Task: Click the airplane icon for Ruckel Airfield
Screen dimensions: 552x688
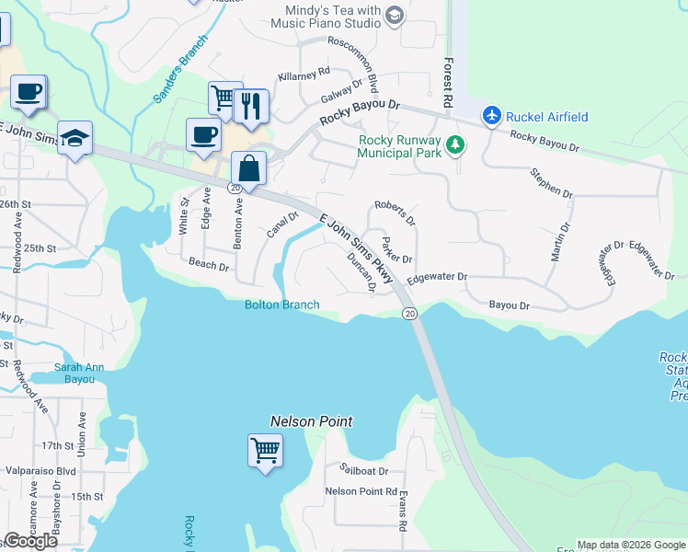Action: click(x=492, y=116)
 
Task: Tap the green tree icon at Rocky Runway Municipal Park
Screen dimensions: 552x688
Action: click(x=454, y=145)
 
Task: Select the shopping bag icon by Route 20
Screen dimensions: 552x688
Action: click(x=249, y=168)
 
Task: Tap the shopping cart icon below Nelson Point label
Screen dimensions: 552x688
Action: click(x=265, y=451)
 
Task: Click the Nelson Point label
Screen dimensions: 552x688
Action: click(x=311, y=421)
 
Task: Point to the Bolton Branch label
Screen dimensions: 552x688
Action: click(x=281, y=305)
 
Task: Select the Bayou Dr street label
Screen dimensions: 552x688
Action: click(x=509, y=305)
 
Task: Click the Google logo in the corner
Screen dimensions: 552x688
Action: click(x=30, y=541)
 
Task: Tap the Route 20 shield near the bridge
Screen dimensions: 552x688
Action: click(x=409, y=314)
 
